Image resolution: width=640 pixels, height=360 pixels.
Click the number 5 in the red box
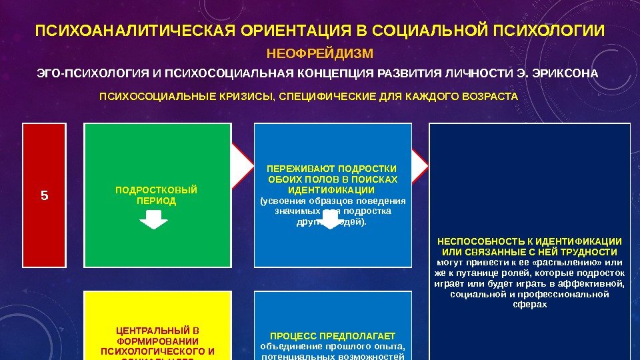coord(45,196)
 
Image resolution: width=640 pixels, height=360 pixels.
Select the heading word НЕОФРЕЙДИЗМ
coord(320,53)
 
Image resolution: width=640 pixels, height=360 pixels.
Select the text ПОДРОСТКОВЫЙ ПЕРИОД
coord(157,195)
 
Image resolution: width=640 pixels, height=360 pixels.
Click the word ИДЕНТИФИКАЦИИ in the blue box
coord(331,190)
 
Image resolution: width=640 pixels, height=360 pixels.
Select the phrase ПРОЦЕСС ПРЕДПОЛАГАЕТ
coord(333,335)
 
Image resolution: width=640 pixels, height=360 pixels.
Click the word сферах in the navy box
coord(530,304)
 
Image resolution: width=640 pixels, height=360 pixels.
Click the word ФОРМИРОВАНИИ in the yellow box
coord(157,341)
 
